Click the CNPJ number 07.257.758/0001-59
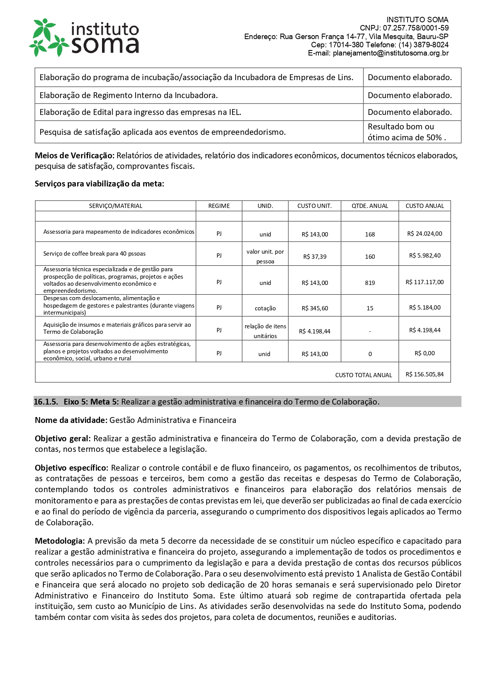click(415, 28)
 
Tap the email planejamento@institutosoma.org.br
click(390, 53)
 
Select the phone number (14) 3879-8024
click(423, 45)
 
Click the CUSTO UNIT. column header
click(314, 206)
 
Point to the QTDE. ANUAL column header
click(370, 206)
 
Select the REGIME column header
click(219, 206)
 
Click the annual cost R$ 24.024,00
click(424, 234)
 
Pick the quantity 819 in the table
click(370, 283)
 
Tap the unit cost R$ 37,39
click(315, 257)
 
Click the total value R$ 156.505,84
click(424, 374)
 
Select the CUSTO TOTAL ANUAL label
click(363, 375)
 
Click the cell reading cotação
click(265, 308)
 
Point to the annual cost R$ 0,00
click(424, 353)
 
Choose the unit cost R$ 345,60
click(315, 308)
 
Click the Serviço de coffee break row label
click(94, 254)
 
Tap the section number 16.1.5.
click(46, 402)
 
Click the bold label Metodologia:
click(60, 541)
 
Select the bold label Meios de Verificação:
click(75, 156)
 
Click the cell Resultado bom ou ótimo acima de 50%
click(406, 132)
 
